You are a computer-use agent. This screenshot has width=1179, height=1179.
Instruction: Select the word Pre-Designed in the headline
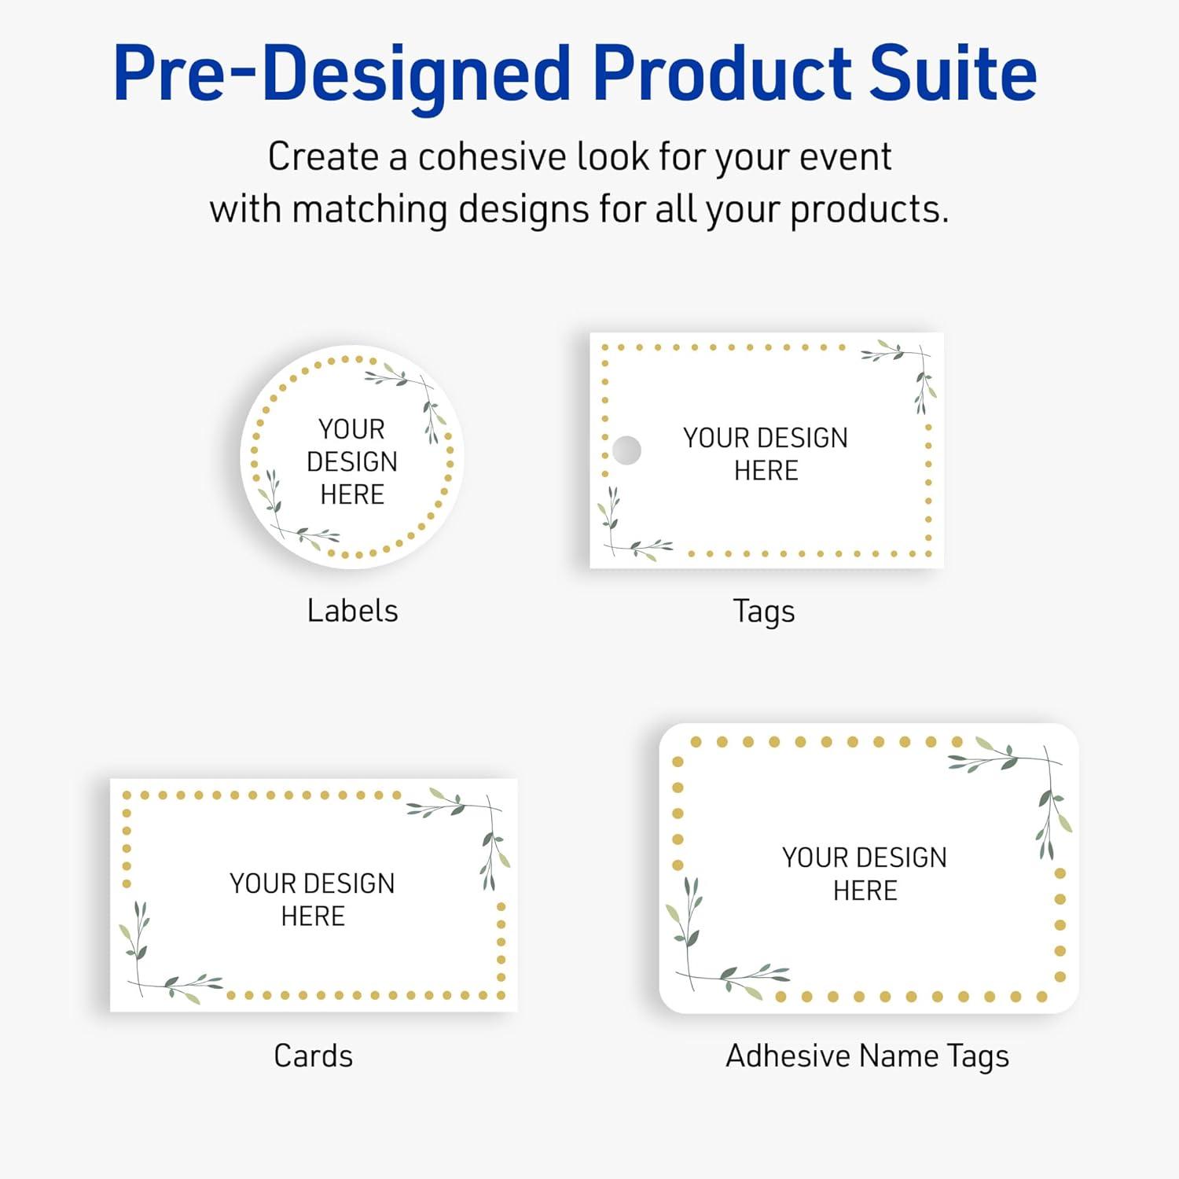[x=342, y=75]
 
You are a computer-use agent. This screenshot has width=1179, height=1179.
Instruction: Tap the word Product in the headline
[x=722, y=73]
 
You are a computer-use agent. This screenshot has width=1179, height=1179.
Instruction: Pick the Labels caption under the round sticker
[x=352, y=611]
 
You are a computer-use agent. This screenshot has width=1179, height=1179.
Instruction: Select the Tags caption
[x=764, y=612]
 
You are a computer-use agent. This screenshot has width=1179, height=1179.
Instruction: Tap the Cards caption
[x=313, y=1056]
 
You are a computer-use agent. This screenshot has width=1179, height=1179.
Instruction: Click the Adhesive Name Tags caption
[x=867, y=1056]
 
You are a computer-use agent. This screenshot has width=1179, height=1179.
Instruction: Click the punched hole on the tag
[x=626, y=450]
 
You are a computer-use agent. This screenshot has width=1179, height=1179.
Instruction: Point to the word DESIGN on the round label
[x=352, y=461]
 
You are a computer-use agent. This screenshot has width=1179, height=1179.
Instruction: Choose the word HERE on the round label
[x=352, y=494]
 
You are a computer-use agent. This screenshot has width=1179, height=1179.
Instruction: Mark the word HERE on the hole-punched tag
[x=766, y=471]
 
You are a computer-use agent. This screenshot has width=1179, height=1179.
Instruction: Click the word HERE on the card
[x=313, y=916]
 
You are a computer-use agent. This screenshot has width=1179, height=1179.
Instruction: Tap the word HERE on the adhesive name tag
[x=865, y=891]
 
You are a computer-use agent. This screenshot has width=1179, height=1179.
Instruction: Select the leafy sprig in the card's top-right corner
[x=472, y=825]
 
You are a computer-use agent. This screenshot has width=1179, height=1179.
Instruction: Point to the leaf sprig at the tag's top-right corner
[x=908, y=369]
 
